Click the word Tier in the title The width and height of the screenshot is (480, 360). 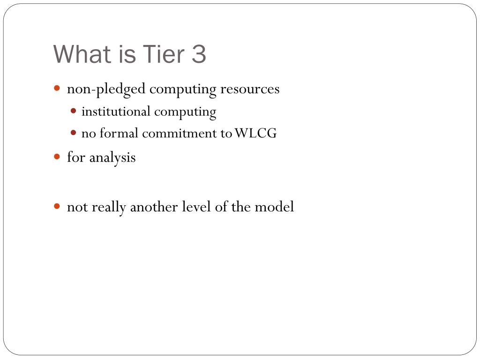point(164,54)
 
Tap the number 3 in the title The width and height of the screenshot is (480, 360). point(199,54)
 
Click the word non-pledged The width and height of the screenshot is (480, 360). point(106,90)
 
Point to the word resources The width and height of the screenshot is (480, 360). point(250,89)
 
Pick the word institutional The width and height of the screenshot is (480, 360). point(116,111)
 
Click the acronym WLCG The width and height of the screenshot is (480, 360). point(256,133)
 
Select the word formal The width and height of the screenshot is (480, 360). point(119,133)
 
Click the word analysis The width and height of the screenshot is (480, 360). point(112,158)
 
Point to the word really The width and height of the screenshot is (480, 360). point(109,207)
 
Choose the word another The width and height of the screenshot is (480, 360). point(154,207)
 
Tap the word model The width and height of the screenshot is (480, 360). point(274,207)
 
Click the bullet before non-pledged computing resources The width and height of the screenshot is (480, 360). point(57,89)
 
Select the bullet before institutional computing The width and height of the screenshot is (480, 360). point(73,111)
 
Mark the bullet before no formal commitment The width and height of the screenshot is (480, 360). point(73,133)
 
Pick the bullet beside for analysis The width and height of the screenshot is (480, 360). point(57,157)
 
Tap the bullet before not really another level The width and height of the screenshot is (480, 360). point(57,206)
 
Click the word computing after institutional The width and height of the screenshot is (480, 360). point(185,112)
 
